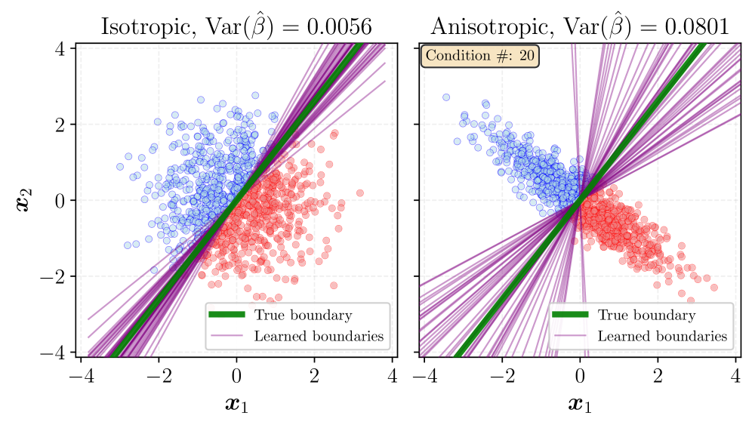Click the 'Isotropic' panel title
click(236, 26)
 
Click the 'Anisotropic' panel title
click(579, 26)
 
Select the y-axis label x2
click(24, 200)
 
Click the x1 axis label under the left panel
click(236, 405)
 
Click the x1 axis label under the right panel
click(579, 405)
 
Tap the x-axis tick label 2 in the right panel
click(658, 376)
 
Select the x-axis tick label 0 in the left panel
click(236, 376)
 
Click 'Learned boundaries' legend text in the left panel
click(319, 336)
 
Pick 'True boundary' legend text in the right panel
click(646, 315)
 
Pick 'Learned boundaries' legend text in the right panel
click(662, 336)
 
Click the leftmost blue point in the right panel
click(446, 97)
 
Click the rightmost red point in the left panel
click(360, 193)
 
